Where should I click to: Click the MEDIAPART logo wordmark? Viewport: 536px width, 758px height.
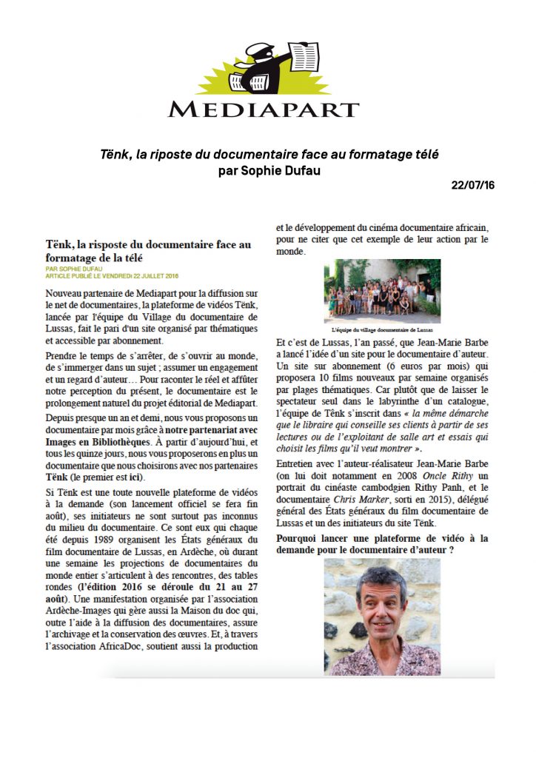click(x=263, y=110)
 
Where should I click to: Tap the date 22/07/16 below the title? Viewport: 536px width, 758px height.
click(x=472, y=185)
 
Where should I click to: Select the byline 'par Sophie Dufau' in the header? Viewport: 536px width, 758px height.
click(x=269, y=170)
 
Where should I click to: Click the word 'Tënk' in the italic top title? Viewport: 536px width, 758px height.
click(x=114, y=155)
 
